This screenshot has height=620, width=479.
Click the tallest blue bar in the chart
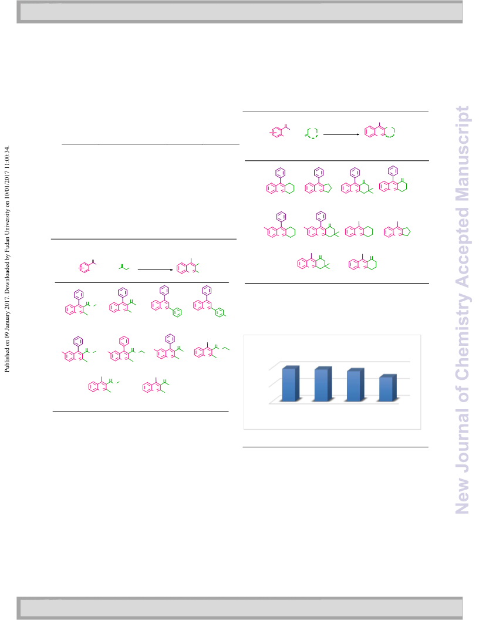point(291,383)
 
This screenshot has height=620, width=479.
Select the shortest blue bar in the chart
point(387,388)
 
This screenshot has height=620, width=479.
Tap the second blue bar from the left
point(323,384)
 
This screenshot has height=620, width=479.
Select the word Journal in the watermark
point(463,441)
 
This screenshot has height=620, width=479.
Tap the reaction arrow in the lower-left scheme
point(156,269)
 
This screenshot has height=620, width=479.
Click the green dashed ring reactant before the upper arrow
point(312,133)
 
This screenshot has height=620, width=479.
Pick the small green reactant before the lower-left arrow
point(124,267)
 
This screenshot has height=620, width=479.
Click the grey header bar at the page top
point(239,12)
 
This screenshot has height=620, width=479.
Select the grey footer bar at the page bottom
point(239,608)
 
